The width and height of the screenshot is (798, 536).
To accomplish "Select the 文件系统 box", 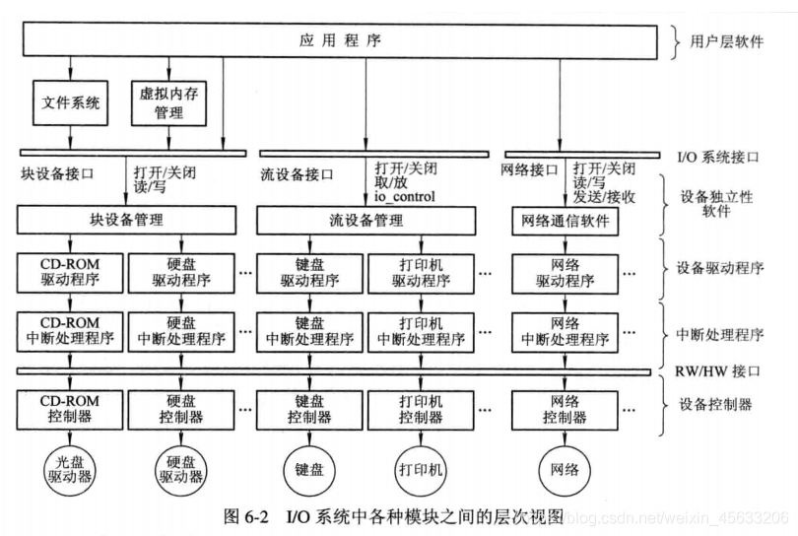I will pos(71,101).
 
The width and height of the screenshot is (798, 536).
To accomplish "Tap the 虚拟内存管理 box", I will pos(169,101).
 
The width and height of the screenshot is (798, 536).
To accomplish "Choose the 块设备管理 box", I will pos(127,219).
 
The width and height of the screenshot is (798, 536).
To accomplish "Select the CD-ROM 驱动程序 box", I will pos(70,272).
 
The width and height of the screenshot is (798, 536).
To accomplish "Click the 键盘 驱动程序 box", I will pos(308,272).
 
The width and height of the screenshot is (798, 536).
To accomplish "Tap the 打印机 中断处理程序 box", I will pos(421,331).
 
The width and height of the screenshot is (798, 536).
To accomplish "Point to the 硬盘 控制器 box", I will pos(181,409).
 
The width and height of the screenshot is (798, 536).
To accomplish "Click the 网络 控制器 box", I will pos(565,409).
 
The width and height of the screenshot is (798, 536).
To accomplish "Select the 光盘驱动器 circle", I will pos(70,469).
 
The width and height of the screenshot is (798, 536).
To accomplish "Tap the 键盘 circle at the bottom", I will pos(307,469).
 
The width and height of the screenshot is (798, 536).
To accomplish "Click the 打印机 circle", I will pos(420,469).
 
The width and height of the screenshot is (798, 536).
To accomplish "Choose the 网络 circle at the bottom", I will pos(565,469).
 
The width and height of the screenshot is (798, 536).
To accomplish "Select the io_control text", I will pos(404,196).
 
